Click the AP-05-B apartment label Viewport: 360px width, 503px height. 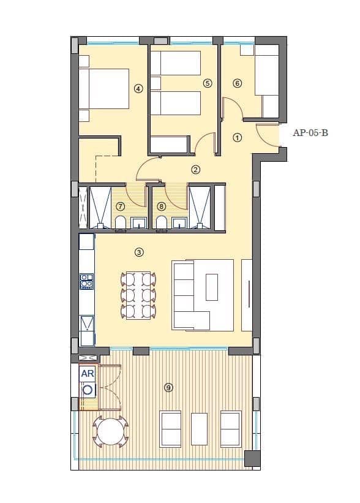[310, 132]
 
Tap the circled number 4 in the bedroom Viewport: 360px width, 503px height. [138, 89]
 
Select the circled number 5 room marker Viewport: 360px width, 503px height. [208, 83]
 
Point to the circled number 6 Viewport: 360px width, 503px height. [238, 83]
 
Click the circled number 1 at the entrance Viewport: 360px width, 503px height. [238, 138]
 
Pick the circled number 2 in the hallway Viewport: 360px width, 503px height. [196, 169]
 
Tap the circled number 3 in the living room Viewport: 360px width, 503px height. [139, 252]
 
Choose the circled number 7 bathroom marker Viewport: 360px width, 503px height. [121, 206]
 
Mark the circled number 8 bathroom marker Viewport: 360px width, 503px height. [162, 206]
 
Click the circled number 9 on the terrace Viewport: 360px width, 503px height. [168, 387]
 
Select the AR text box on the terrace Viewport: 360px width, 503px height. [87, 373]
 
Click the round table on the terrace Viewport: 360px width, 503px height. [111, 432]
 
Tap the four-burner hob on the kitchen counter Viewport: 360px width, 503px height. [86, 281]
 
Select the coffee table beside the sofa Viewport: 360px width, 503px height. [212, 287]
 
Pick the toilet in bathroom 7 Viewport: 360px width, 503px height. [121, 222]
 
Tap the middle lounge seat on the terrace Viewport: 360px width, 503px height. [200, 428]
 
